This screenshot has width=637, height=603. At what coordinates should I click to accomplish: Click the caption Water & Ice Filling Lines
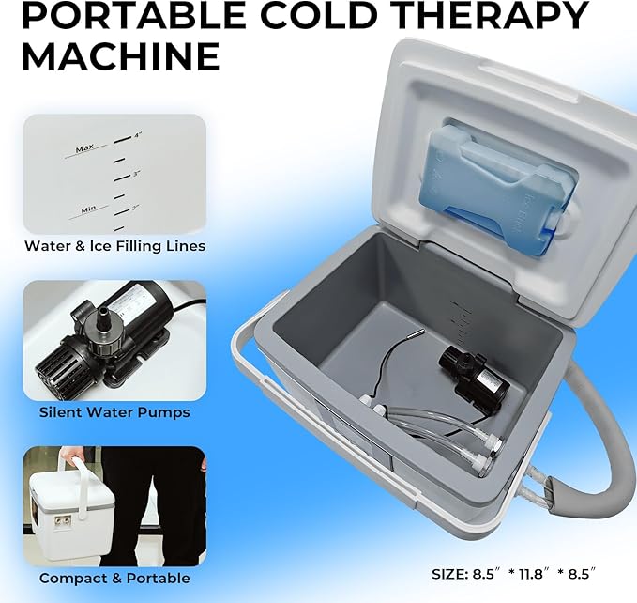pos(114,246)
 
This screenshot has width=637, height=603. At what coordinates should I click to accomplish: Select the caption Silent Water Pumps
pos(114,411)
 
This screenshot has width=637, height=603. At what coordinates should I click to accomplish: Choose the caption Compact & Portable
pos(114,578)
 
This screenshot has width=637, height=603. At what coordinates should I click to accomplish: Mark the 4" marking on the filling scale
pos(137,135)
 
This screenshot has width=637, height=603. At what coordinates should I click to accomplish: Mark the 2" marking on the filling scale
pos(136,207)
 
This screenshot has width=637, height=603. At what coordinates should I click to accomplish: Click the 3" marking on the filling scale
pos(136,173)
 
